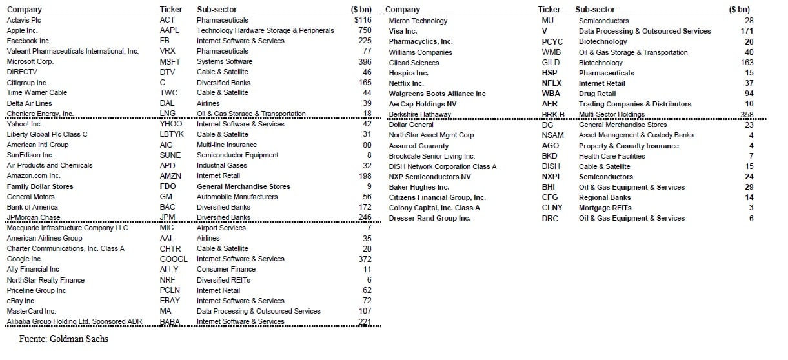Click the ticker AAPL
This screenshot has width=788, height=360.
point(169,30)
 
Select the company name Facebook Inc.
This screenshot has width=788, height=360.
point(28,41)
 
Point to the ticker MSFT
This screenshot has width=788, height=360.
point(170,61)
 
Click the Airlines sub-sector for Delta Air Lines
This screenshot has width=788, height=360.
point(208,103)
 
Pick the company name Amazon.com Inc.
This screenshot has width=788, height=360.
point(34,175)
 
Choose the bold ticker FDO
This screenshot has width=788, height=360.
point(167,186)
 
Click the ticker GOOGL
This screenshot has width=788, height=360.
point(173,259)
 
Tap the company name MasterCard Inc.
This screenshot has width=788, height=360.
point(32,311)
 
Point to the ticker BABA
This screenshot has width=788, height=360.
point(170,321)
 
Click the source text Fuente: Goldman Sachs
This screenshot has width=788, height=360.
point(54,339)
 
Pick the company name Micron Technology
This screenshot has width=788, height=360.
point(418,21)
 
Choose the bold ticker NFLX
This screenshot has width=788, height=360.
point(551,83)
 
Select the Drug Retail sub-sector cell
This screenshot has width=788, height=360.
point(598,94)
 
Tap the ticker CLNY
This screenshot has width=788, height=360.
point(552,208)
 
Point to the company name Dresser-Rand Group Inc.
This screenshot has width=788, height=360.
point(429,218)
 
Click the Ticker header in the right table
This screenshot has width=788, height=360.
point(549,10)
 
